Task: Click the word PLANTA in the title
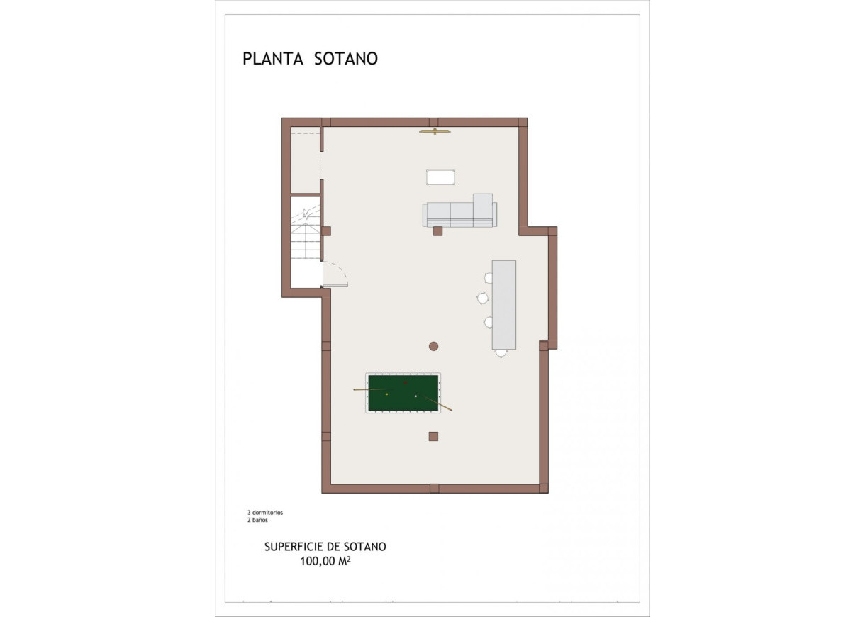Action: pos(273,59)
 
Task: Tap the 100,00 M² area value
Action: pos(325,561)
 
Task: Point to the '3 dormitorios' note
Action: pos(265,512)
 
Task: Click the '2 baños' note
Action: pos(258,520)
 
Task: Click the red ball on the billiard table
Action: pos(406,382)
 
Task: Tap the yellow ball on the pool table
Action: pos(386,394)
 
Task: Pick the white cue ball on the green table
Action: pos(415,396)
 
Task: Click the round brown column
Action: pos(433,346)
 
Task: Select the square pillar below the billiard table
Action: pos(433,436)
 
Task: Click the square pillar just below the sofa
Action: pos(437,231)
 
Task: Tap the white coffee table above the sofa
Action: pos(440,177)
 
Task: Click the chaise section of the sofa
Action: pos(483,209)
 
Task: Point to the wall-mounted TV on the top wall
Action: pos(435,131)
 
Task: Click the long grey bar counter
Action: pos(503,305)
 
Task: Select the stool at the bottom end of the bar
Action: pos(501,352)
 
